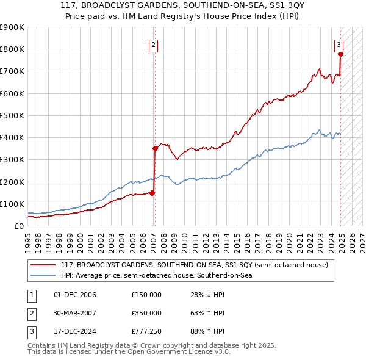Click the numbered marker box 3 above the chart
[x=339, y=44]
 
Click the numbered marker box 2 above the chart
[x=154, y=44]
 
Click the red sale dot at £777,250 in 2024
[x=341, y=54]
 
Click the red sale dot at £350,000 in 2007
[x=155, y=148]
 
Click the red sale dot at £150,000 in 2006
[x=152, y=193]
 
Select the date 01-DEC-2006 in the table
[x=74, y=295]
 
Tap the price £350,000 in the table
[x=146, y=313]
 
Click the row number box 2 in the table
[x=31, y=313]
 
